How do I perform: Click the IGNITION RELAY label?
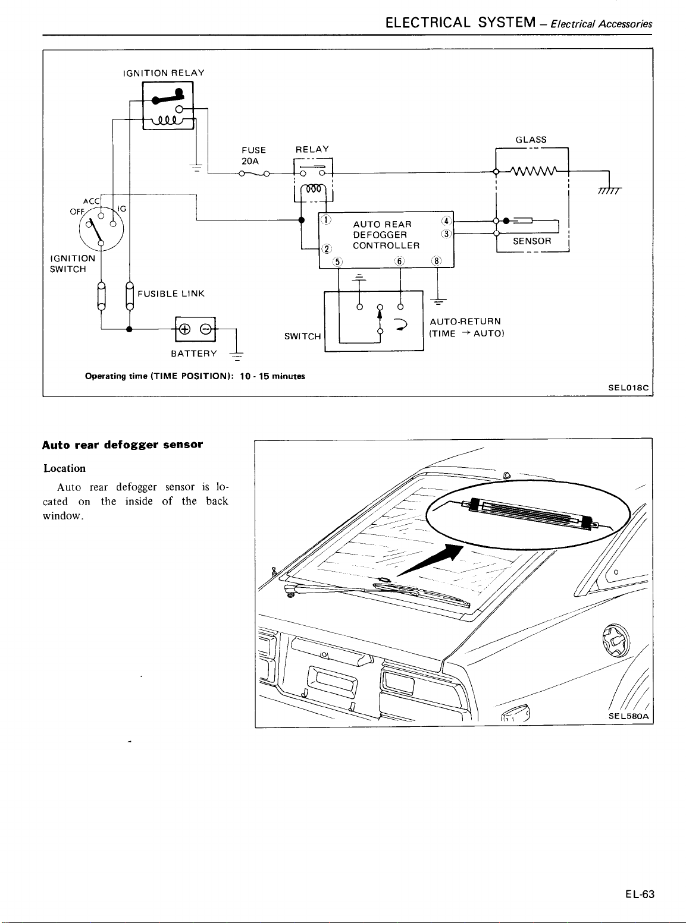(x=164, y=73)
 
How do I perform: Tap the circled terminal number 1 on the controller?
(x=326, y=220)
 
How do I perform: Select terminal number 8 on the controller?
(x=437, y=262)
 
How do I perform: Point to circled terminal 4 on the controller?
(x=447, y=221)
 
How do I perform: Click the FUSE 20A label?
(x=253, y=155)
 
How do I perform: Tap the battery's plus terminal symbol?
(x=184, y=329)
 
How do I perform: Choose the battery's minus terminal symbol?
(x=206, y=329)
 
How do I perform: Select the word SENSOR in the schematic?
(x=532, y=241)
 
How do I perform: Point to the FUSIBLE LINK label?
(x=171, y=294)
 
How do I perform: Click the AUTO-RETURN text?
(x=465, y=322)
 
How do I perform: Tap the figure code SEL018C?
(x=628, y=388)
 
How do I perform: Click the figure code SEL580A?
(x=629, y=716)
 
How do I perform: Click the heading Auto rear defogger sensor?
(x=123, y=445)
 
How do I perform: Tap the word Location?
(x=65, y=468)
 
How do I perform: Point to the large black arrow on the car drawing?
(x=430, y=560)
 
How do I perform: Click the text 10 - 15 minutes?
(x=272, y=376)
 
